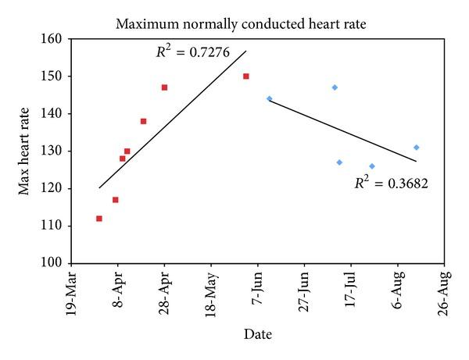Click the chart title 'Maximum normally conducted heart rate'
point(240,24)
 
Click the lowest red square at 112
point(98,219)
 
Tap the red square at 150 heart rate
point(246,77)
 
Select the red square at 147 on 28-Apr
point(164,87)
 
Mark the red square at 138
point(143,121)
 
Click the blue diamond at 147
point(335,87)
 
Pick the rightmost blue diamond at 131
point(417,147)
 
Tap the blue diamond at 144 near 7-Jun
point(269,98)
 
